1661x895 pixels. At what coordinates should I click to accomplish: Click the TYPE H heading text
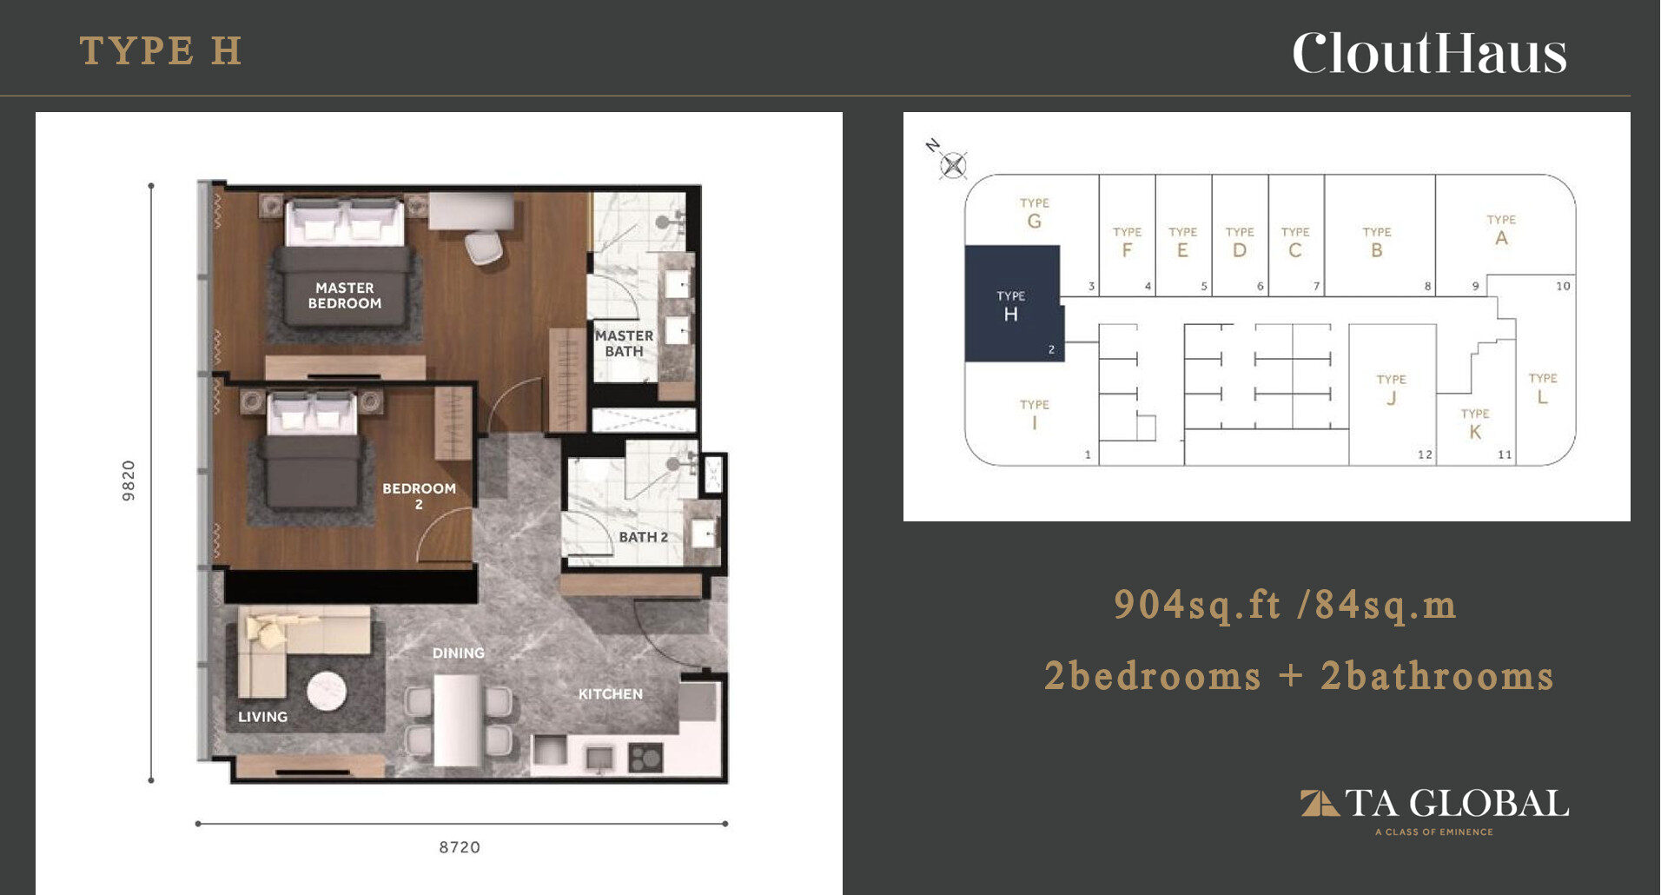(x=161, y=50)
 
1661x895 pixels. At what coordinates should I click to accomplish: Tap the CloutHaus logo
(x=1430, y=53)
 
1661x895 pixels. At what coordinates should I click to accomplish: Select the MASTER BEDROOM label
(x=345, y=295)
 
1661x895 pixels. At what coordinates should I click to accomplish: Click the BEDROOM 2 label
(x=419, y=495)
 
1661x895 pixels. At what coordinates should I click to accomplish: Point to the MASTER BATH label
(x=624, y=343)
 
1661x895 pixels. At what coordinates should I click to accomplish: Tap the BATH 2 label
(x=644, y=537)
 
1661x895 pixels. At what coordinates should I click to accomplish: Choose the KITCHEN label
(x=611, y=694)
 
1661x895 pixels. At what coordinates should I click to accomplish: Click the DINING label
(x=459, y=653)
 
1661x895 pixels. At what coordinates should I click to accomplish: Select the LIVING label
(x=263, y=717)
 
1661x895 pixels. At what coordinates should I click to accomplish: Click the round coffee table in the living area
(x=327, y=692)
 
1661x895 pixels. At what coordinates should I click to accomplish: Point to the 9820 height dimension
(x=129, y=481)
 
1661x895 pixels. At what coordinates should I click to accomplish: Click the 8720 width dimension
(x=460, y=847)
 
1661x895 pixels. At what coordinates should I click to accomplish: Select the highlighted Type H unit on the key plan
(x=1014, y=303)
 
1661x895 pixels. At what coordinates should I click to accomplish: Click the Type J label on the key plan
(x=1391, y=389)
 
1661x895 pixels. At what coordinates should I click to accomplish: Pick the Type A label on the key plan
(x=1501, y=230)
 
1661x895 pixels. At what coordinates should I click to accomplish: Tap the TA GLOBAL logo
(x=1434, y=811)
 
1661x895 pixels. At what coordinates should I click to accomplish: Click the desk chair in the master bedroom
(x=483, y=247)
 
